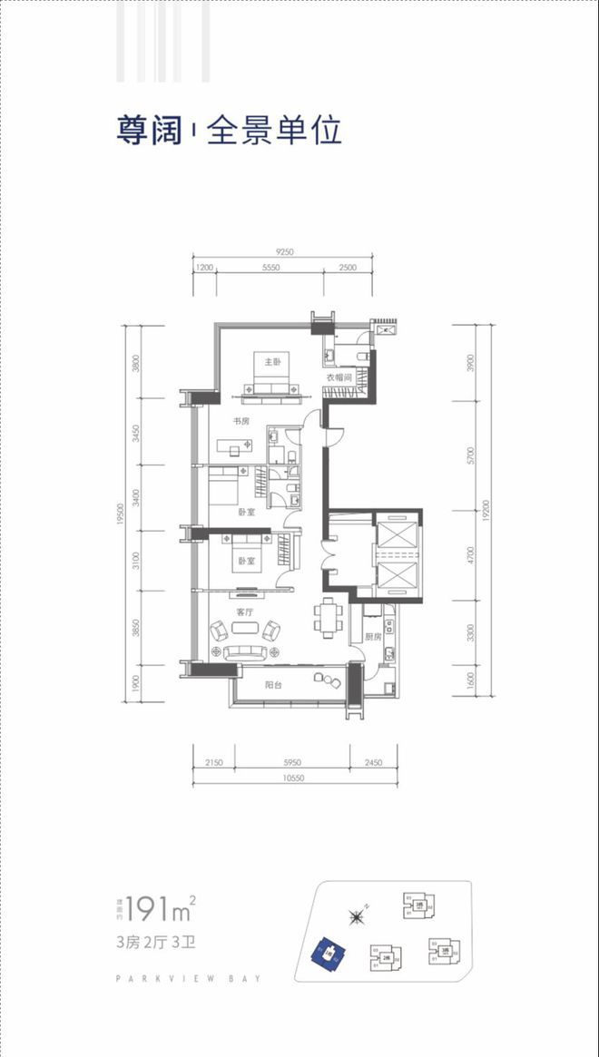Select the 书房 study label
[241, 421]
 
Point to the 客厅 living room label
[244, 612]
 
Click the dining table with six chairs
[327, 617]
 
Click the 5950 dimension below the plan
[291, 763]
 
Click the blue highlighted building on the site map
[329, 953]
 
